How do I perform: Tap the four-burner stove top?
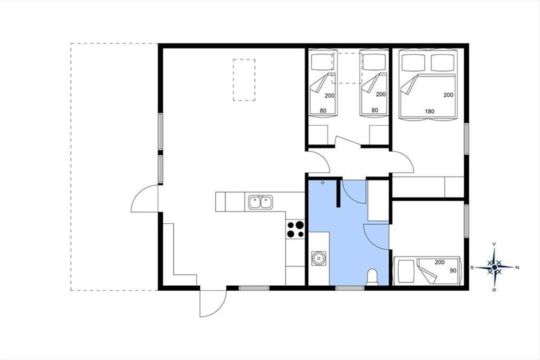pos(295,229)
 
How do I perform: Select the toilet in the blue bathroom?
pos(372,277)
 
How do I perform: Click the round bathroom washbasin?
pos(319,258)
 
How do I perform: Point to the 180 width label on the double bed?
pos(430,112)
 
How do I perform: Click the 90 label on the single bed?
pos(453,270)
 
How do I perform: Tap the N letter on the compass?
pos(517,267)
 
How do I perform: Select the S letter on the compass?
pos(472,267)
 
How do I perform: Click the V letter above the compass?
pos(494,244)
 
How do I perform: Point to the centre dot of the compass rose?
pos(495,267)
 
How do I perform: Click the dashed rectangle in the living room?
pos(244,80)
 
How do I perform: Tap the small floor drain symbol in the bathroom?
pos(323,183)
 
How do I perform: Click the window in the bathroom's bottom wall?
pos(350,288)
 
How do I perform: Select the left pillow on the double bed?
pos(414,63)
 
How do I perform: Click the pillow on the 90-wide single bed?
pos(406,271)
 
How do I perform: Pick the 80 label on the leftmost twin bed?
pos(323,111)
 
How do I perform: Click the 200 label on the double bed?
pos(448,95)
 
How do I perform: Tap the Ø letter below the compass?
pos(494,290)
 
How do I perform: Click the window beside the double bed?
pos(467,139)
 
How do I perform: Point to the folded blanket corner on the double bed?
pos(409,85)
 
